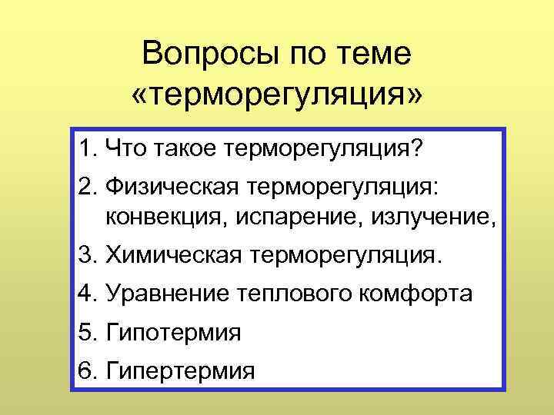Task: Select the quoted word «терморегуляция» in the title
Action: (277, 95)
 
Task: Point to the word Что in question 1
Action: (123, 146)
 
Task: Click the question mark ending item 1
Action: (416, 146)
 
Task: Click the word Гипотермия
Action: (174, 333)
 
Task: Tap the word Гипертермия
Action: (180, 372)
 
